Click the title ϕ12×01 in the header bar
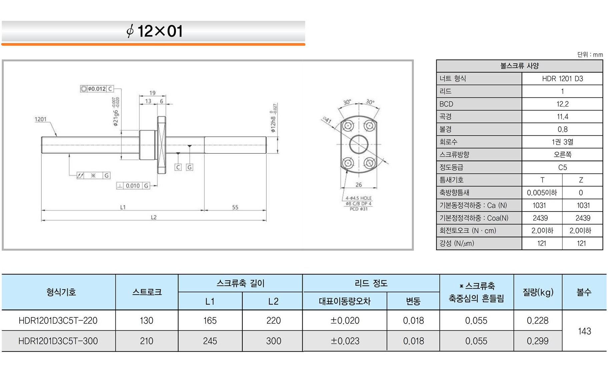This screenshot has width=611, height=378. click(155, 31)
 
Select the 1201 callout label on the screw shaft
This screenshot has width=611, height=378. click(41, 119)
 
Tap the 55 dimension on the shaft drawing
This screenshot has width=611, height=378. click(235, 207)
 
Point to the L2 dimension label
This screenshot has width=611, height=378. click(154, 217)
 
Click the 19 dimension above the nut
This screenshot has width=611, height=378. click(152, 93)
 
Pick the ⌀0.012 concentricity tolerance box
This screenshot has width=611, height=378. click(97, 89)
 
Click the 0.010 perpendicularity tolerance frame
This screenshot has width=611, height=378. click(133, 186)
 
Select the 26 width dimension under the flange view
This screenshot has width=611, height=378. click(359, 184)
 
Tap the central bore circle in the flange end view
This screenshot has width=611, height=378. click(359, 144)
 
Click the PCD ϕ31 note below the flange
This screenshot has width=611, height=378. click(359, 209)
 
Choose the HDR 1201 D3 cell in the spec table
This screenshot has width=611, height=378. click(562, 79)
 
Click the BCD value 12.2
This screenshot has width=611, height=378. click(562, 104)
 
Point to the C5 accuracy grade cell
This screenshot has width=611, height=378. click(562, 167)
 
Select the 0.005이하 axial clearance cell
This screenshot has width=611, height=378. click(542, 193)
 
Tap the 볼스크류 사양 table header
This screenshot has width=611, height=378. click(519, 66)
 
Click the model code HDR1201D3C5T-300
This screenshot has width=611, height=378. click(58, 341)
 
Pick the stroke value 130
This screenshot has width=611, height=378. click(147, 321)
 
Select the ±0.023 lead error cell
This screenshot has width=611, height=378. click(345, 341)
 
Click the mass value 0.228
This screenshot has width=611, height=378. click(538, 321)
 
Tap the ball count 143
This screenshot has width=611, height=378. click(584, 331)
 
